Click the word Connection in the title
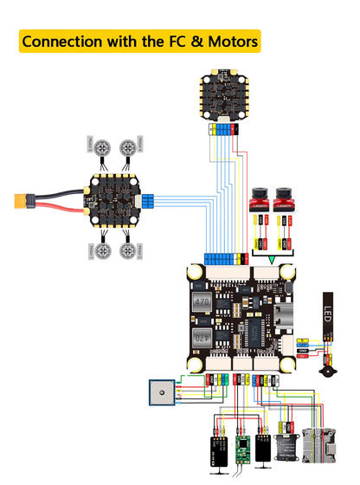[61, 41]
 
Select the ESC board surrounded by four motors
[113, 199]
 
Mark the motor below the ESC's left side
[101, 251]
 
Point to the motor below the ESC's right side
[128, 251]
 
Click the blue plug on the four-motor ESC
[148, 201]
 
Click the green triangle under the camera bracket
[272, 259]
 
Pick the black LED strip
[329, 314]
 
